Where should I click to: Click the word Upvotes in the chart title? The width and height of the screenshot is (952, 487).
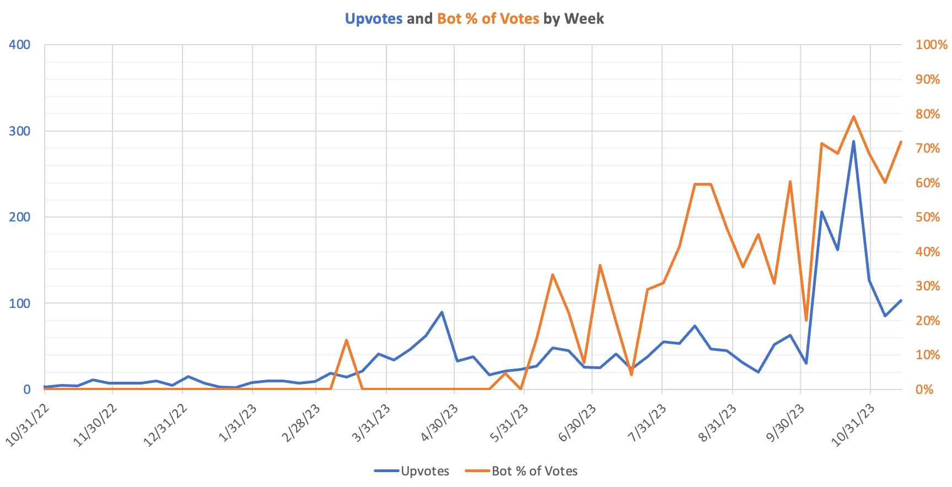pos(373,19)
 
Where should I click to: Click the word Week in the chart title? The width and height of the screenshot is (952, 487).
pos(584,19)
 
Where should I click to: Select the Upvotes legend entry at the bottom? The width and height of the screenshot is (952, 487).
pos(424,471)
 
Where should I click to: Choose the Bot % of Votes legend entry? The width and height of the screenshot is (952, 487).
pos(534,471)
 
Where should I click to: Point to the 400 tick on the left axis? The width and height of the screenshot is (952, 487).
pos(19,45)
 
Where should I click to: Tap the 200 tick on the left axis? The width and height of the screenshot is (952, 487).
pos(19,217)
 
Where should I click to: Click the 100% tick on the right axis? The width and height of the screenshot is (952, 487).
pos(931,45)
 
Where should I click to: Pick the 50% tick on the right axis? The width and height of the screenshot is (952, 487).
pos(928,217)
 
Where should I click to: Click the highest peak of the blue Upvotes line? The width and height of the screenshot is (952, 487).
pos(853,142)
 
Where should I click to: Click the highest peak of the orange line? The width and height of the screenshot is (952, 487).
pos(853,117)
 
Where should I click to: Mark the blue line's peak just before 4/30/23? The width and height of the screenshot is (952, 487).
pos(442,312)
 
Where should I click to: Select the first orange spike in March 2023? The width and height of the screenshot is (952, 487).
pos(346,340)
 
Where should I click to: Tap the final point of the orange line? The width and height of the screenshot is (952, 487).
pos(901,142)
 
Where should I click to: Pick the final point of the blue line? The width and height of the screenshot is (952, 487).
pos(901,301)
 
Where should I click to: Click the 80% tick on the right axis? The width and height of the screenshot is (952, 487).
pos(928,114)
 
